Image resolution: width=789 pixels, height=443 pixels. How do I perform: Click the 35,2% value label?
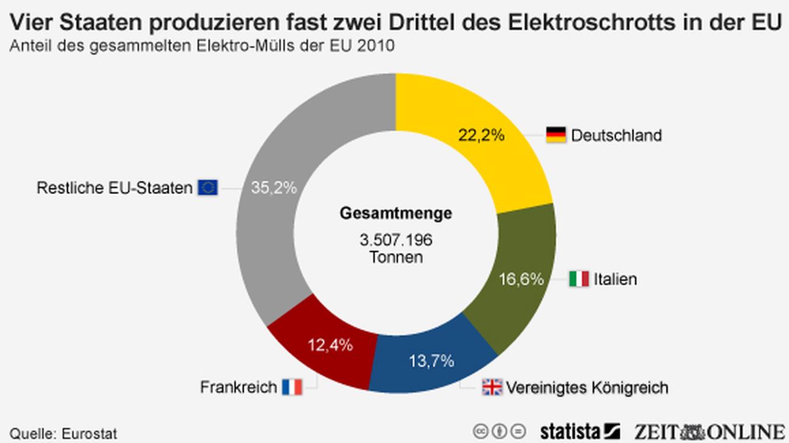coord(274,188)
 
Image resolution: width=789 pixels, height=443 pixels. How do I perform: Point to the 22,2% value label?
coord(481,135)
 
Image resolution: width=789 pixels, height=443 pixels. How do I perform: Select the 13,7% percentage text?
coord(431,361)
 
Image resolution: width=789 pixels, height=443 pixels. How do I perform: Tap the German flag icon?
coord(556,135)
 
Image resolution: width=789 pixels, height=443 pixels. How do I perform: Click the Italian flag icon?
coord(579,279)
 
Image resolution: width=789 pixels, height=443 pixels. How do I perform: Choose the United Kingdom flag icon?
coord(492,387)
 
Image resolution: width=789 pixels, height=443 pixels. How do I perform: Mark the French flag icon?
coord(292,387)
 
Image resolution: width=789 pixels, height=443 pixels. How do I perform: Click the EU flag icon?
coord(208,188)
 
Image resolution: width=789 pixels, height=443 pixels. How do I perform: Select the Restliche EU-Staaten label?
coord(114,188)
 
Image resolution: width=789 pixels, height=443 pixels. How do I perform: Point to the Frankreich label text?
coord(239,387)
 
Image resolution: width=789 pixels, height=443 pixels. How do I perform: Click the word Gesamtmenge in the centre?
coord(395,213)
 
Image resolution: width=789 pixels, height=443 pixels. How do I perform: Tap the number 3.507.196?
coord(395,240)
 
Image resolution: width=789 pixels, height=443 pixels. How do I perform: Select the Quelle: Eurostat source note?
coord(64,433)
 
